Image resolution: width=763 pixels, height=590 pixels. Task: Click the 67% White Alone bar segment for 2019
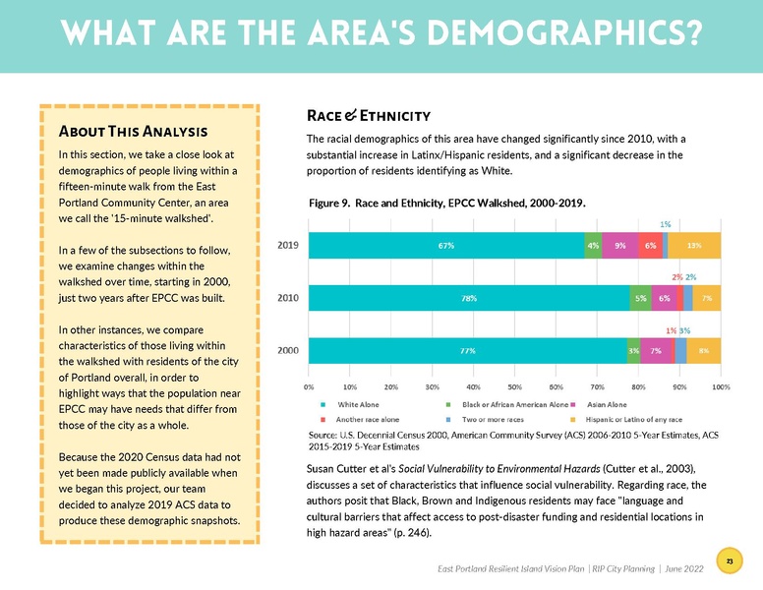(x=446, y=245)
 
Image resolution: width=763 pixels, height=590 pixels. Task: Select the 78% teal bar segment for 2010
(x=469, y=298)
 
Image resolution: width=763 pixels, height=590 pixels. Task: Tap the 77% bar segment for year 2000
(x=467, y=350)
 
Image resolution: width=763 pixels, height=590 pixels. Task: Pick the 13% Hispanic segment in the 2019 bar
(x=694, y=245)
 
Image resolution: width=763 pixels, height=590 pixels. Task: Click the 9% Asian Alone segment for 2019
(x=620, y=245)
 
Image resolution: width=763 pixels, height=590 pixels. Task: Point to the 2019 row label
(x=287, y=245)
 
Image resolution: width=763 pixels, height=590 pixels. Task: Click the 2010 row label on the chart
(x=287, y=298)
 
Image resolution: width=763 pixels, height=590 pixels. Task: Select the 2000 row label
(x=287, y=350)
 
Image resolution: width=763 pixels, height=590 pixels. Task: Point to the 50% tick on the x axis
(x=514, y=386)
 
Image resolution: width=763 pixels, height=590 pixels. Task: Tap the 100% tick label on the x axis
(x=721, y=386)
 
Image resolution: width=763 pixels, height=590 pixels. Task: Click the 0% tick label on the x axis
(x=310, y=386)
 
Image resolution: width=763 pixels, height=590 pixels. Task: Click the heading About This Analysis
(x=133, y=131)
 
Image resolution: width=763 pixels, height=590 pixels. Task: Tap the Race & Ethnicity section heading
(x=369, y=116)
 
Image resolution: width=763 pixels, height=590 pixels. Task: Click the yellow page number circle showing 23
(x=730, y=560)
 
